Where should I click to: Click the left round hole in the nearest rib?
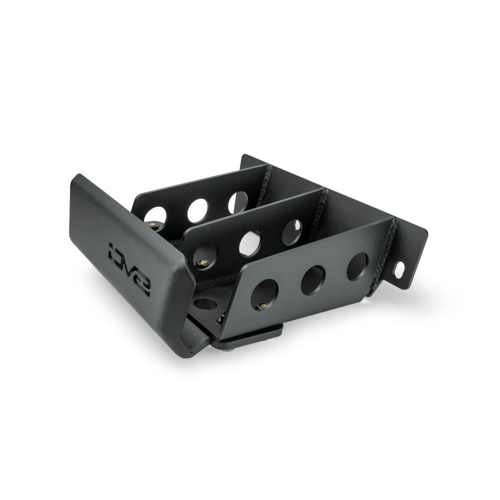pos(266,291)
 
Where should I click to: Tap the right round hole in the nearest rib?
pos(357,265)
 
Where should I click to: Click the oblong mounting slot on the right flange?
pos(399,270)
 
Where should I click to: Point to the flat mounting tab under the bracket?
pos(247,337)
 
